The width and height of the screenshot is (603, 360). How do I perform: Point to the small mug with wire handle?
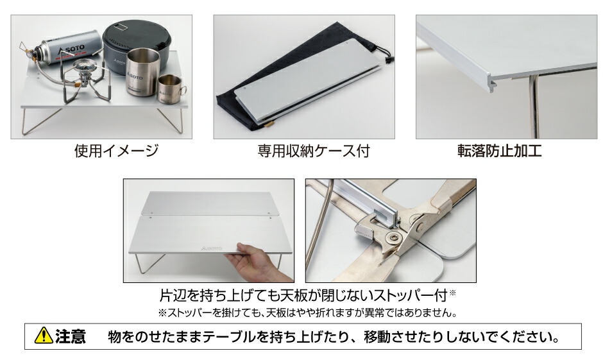[x=170, y=88]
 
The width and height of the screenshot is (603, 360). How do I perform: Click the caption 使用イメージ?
[x=115, y=151]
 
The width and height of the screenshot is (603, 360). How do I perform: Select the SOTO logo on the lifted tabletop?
[x=211, y=246]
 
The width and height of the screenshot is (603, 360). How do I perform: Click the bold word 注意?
[x=71, y=336]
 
